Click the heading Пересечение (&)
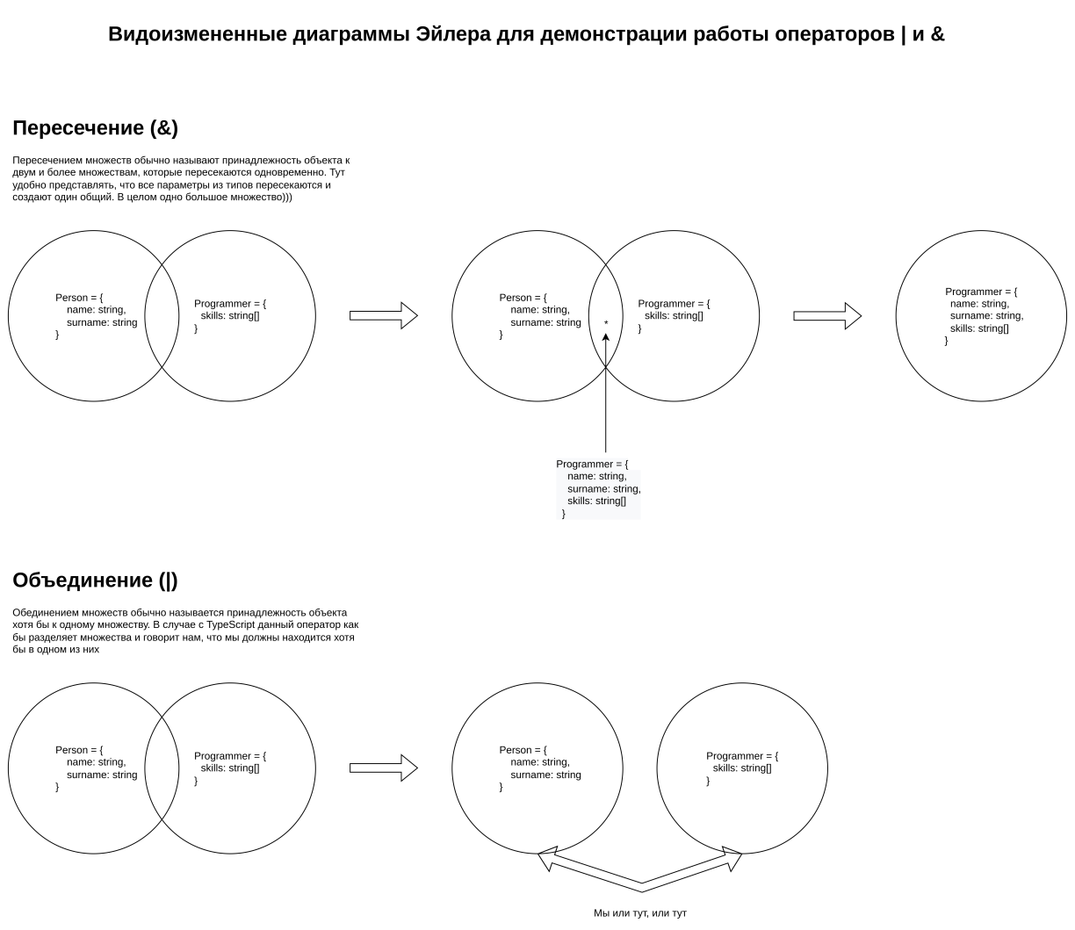pos(95,128)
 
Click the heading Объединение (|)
pos(95,580)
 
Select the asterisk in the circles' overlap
pos(606,324)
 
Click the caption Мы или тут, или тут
pos(640,913)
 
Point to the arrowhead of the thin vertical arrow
pos(606,336)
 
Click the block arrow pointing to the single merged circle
pos(827,316)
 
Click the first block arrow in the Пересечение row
pos(383,315)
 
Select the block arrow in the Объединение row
pos(383,768)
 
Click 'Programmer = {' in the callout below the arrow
pos(592,464)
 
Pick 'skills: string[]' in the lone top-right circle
pos(979,328)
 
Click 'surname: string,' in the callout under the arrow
pos(604,488)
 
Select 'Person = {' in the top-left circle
pos(79,298)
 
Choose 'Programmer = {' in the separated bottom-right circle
pos(742,756)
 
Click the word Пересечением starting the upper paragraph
pos(47,161)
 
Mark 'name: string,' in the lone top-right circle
pos(979,304)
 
